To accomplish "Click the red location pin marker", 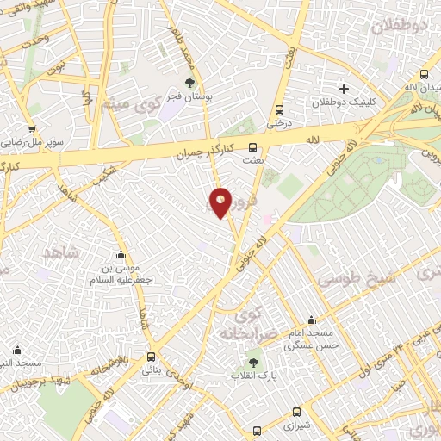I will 221,202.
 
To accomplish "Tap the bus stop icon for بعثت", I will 252,146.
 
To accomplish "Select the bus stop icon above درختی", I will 278,109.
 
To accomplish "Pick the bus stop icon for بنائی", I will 152,356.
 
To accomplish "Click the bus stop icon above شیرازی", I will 297,412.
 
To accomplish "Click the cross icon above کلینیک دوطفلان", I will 345,89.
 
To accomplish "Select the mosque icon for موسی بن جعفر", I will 120,255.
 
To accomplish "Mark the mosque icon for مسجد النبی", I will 18,349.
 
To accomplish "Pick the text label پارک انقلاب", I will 253,377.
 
